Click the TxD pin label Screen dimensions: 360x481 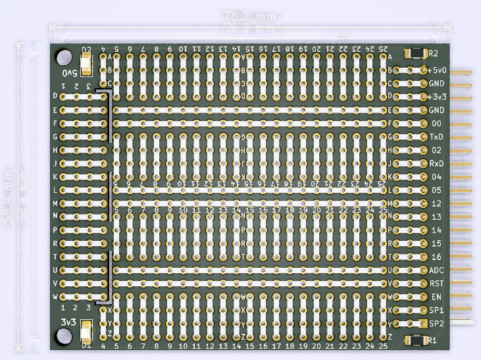pyautogui.click(x=436, y=137)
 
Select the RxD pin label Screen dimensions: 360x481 pyautogui.click(x=436, y=163)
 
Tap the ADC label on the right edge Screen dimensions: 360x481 pyautogui.click(x=436, y=270)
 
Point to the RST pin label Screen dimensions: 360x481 pyautogui.click(x=436, y=283)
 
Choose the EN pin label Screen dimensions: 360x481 pyautogui.click(x=436, y=297)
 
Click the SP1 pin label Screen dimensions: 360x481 pyautogui.click(x=436, y=310)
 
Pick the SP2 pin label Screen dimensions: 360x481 pyautogui.click(x=436, y=324)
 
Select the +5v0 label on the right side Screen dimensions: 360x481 pyautogui.click(x=438, y=70)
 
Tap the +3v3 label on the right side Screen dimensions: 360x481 pyautogui.click(x=438, y=97)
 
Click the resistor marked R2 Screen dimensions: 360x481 pyautogui.click(x=417, y=52)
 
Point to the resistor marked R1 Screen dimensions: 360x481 pyautogui.click(x=417, y=340)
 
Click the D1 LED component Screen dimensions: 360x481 pyautogui.click(x=86, y=336)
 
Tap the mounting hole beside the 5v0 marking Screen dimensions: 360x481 pyautogui.click(x=64, y=57)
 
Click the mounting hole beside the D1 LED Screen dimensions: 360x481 pyautogui.click(x=64, y=337)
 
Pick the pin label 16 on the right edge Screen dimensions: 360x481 pyautogui.click(x=436, y=257)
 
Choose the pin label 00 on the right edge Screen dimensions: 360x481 pyautogui.click(x=436, y=123)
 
